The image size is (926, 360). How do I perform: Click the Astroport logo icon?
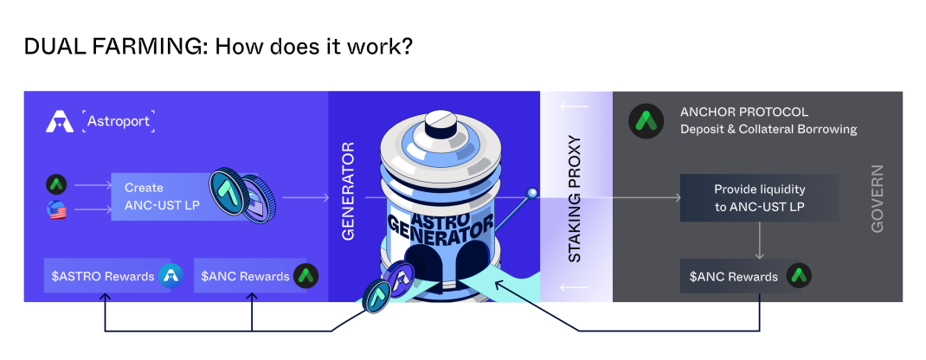[59, 121]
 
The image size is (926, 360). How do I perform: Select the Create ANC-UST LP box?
[171, 197]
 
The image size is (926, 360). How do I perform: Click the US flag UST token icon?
[57, 210]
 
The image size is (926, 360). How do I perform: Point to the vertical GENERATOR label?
[349, 190]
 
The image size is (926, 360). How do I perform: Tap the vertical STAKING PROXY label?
[576, 199]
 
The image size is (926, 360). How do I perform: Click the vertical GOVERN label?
[877, 198]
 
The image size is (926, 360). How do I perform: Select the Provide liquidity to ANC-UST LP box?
[760, 197]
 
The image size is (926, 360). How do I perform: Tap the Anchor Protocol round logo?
[646, 121]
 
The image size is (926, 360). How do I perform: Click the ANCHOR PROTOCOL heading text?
[744, 112]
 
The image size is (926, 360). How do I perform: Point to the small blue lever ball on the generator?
[532, 192]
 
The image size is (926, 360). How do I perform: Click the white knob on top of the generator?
[438, 122]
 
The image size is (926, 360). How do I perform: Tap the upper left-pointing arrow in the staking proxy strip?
[576, 106]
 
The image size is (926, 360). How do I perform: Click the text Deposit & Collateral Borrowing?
[768, 129]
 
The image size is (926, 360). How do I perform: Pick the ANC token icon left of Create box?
[57, 184]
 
